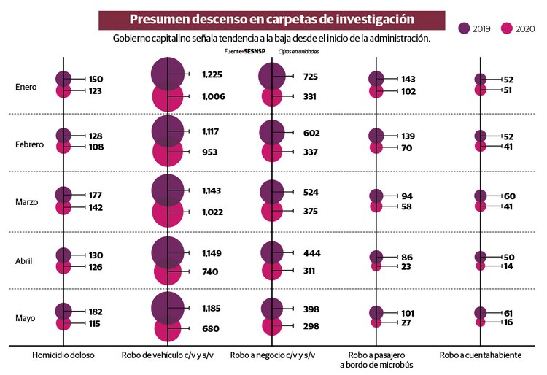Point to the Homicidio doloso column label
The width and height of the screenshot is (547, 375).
coord(63,355)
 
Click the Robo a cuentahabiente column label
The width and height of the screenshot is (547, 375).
coord(480,355)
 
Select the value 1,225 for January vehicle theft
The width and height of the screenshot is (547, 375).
coord(213,74)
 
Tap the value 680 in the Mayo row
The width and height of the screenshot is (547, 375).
coord(210,329)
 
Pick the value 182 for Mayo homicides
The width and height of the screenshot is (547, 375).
coord(97,312)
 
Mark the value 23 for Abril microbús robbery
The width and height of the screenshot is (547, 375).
coord(406,267)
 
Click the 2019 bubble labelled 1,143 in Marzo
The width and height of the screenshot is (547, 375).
coord(168,190)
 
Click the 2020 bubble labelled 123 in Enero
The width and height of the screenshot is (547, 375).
coord(63,91)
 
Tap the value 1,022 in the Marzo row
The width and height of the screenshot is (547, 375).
coord(213,212)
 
